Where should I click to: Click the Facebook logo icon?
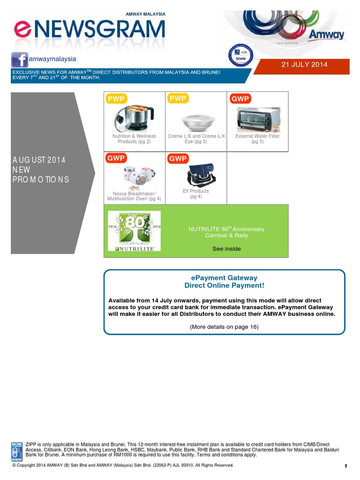19,60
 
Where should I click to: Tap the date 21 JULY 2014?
304,65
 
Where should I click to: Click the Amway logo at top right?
326,35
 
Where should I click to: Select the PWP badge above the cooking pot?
116,98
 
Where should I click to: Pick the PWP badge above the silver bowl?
178,98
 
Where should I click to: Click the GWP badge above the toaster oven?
240,98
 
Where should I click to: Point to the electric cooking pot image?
134,118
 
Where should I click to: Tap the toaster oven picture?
258,119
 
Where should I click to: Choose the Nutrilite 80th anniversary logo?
134,230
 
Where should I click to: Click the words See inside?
226,249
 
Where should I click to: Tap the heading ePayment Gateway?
225,278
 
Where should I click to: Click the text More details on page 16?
224,327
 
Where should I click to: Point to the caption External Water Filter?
257,136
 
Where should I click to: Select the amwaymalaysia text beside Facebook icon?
52,59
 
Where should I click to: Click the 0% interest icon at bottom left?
17,451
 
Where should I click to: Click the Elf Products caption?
196,191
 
